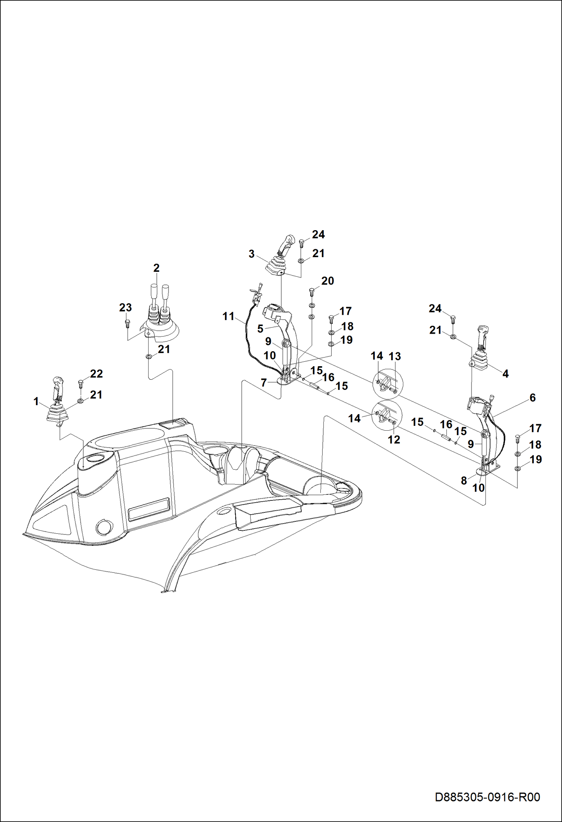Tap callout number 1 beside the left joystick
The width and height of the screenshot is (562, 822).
tap(36, 402)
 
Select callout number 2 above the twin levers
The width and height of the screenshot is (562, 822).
tap(156, 268)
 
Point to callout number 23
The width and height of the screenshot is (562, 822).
tap(125, 308)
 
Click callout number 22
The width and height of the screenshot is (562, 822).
tap(96, 374)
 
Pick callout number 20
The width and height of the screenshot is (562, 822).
tap(328, 281)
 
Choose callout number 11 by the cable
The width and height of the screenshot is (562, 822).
tap(228, 316)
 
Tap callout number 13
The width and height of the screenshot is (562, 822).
tap(395, 356)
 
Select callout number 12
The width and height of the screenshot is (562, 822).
tap(394, 439)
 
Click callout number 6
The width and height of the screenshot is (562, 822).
tap(533, 398)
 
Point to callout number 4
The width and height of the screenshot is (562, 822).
tap(505, 374)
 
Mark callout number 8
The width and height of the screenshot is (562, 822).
tap(464, 481)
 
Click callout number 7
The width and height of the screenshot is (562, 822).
tap(264, 383)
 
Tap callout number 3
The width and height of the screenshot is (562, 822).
tap(251, 254)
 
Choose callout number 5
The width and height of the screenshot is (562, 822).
tap(260, 329)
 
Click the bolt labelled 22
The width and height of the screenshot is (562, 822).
tap(80, 383)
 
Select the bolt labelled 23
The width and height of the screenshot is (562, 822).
tap(128, 323)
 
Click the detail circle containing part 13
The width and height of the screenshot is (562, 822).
tap(387, 383)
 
